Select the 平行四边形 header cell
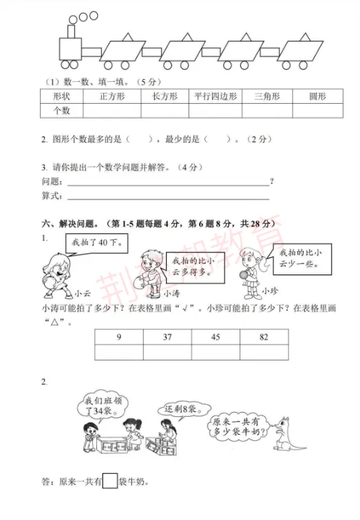coord(214,96)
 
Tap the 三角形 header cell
coord(266,96)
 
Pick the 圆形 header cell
coord(317,96)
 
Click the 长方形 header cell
coord(164,96)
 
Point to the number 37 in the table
coord(167,337)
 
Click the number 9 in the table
coord(119,337)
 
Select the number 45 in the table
coord(215,337)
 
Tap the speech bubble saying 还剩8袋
coord(176,409)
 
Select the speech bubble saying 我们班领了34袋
coord(99,405)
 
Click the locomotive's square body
coord(70,48)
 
